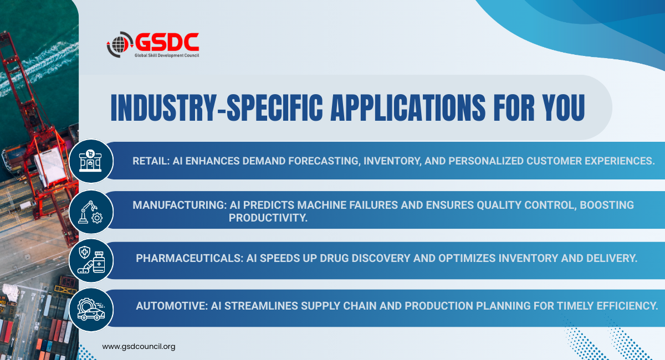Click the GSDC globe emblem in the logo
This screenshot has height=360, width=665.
119,44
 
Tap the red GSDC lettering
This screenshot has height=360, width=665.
167,42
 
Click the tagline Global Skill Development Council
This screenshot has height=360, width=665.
167,55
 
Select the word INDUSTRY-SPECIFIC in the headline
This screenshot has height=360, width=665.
217,108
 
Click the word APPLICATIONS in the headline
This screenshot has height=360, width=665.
408,108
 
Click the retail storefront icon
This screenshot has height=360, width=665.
90,161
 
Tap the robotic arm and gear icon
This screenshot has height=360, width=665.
90,212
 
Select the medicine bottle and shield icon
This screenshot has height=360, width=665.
91,260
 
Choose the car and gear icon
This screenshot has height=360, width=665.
91,309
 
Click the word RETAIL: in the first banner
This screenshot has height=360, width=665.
151,161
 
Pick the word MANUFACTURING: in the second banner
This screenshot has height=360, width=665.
180,205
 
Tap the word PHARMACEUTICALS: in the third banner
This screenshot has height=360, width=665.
190,258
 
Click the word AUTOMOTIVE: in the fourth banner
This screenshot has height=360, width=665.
172,306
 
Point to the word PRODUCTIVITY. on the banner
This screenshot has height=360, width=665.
268,218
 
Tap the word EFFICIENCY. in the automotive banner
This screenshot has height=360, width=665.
627,306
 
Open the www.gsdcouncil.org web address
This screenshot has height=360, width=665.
139,347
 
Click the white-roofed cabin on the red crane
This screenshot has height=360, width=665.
50,166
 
